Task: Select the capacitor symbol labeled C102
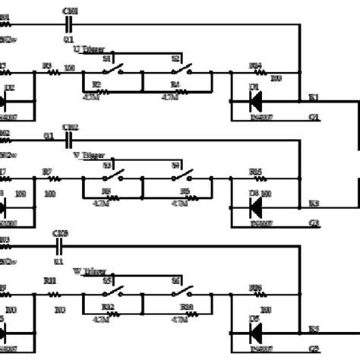click(x=68, y=140)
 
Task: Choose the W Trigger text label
click(x=89, y=270)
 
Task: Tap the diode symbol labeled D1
click(x=255, y=98)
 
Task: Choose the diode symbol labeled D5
click(x=255, y=330)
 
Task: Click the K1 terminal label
click(x=314, y=98)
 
